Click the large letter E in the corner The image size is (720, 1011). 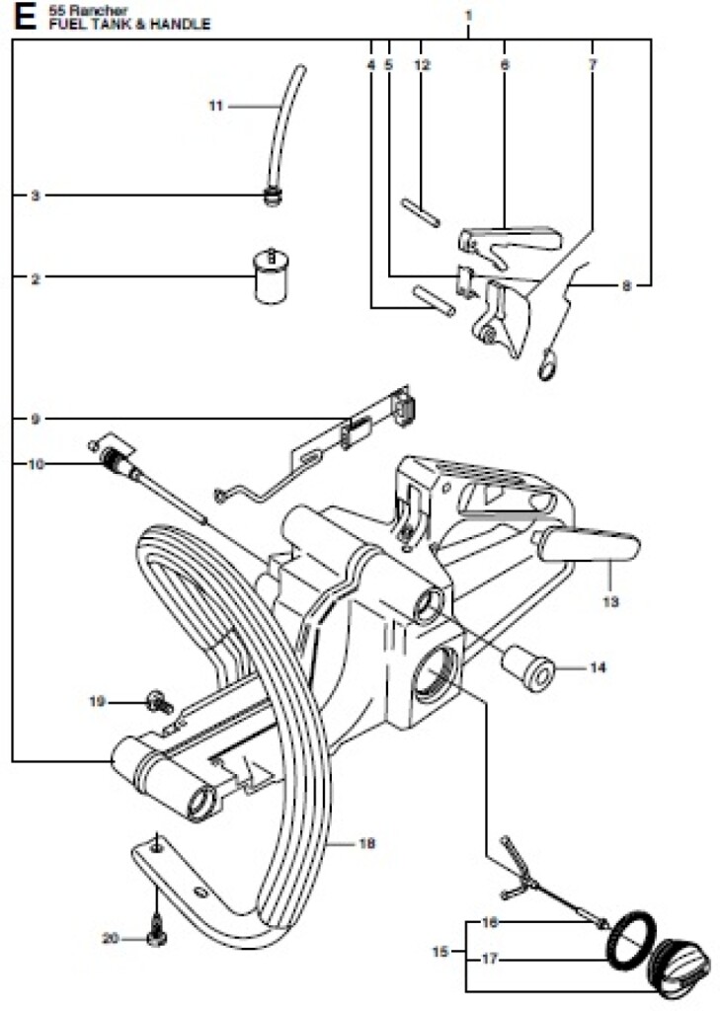click(23, 16)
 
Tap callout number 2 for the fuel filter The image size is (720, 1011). click(35, 279)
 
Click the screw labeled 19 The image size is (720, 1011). click(156, 702)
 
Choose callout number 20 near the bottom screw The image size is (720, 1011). click(109, 938)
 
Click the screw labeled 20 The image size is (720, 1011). click(155, 933)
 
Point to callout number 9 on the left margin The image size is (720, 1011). click(35, 420)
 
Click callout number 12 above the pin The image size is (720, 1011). click(423, 65)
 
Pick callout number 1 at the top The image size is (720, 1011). click(468, 16)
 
